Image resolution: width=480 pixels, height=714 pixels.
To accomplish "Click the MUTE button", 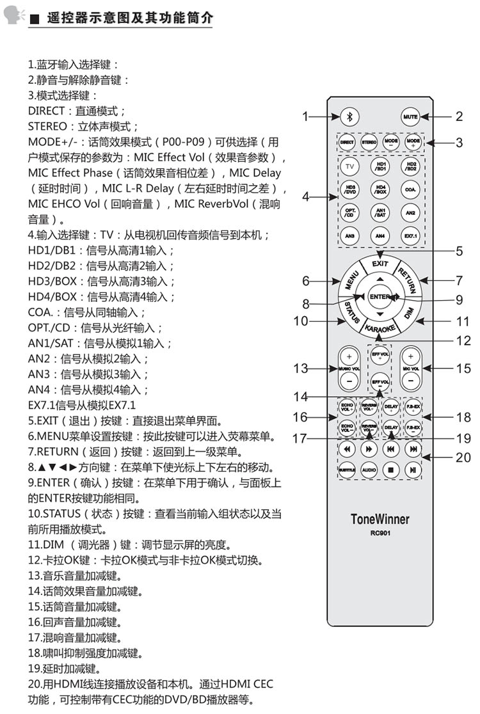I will (410, 116).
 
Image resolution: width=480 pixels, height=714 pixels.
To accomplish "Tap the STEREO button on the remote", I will (369, 143).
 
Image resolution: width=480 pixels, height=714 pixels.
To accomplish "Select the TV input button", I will (349, 167).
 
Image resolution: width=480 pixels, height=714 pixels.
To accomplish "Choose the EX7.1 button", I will (410, 237).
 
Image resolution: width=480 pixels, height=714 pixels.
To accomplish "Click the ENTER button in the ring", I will (380, 296).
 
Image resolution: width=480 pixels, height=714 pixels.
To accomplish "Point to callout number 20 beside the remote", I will (463, 457).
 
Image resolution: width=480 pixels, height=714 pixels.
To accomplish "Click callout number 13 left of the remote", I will (301, 369).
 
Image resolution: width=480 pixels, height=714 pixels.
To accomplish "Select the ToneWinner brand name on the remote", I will (380, 519).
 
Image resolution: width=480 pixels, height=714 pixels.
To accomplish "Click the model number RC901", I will (380, 532).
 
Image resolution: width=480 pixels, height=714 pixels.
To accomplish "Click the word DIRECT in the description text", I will (46, 111).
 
